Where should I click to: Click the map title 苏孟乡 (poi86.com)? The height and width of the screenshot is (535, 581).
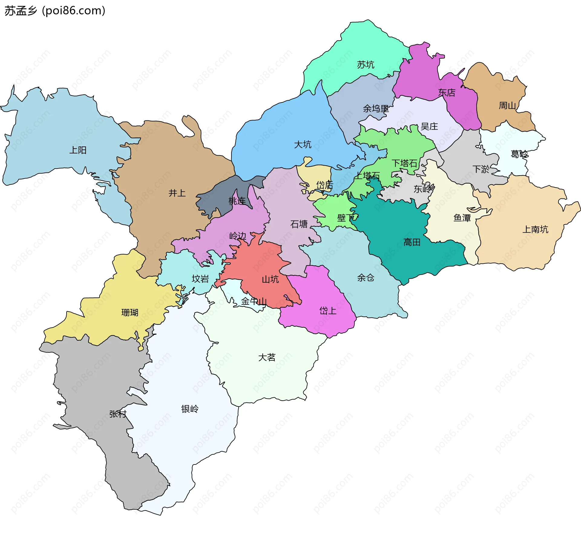(x=55, y=11)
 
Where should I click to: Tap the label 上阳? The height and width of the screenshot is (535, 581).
(x=78, y=150)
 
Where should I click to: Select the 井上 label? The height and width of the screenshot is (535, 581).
(x=177, y=193)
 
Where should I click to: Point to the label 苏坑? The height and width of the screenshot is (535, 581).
(x=366, y=64)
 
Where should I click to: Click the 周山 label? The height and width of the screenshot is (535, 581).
(x=507, y=106)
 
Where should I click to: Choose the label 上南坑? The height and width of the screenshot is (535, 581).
(x=535, y=229)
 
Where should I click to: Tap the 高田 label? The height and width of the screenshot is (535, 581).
(x=412, y=242)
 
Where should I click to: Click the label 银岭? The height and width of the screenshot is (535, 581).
(x=190, y=409)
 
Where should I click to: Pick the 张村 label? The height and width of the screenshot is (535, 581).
(x=118, y=414)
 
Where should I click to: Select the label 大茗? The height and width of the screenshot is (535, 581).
(x=267, y=357)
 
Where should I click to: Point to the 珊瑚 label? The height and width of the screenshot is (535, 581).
(x=130, y=312)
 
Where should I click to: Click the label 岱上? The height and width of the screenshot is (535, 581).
(x=328, y=310)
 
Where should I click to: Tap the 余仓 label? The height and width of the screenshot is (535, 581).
(x=366, y=277)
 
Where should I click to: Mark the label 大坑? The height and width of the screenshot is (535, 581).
(x=303, y=144)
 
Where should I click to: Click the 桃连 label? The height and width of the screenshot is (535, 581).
(x=237, y=201)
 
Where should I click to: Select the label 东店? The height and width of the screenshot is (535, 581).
(x=447, y=93)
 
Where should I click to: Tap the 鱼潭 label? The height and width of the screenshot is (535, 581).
(x=462, y=218)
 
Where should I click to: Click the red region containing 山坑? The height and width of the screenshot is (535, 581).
(x=260, y=266)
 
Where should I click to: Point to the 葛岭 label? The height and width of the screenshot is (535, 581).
(x=519, y=154)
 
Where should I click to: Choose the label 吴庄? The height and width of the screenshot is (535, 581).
(x=429, y=126)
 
